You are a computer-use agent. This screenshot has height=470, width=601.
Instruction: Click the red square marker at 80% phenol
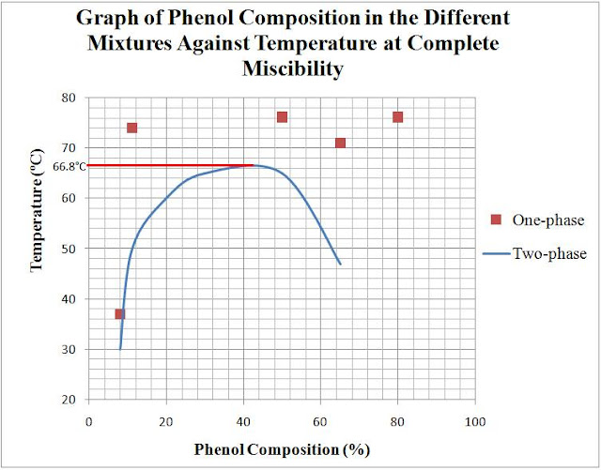397,117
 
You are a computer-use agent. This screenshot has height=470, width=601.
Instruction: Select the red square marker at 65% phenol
340,143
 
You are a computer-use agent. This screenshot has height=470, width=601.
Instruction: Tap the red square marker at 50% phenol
282,117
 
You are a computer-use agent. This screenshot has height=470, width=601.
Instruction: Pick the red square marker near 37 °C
119,313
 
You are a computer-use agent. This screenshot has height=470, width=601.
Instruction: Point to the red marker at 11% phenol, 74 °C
131,128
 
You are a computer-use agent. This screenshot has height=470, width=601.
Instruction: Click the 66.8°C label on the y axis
69,166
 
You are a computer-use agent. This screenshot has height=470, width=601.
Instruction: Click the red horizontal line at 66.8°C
169,165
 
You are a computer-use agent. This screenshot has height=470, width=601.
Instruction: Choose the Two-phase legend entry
538,253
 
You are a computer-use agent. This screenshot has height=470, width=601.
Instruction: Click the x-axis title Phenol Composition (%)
282,449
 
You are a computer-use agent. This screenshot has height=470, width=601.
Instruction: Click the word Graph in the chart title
103,19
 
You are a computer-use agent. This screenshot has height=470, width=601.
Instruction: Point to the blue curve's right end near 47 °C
340,264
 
